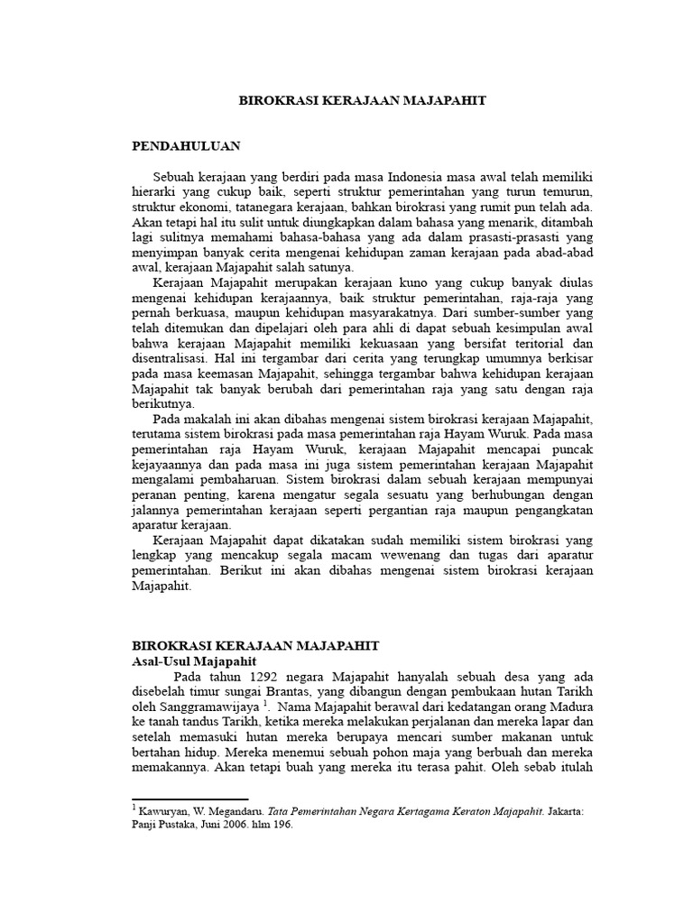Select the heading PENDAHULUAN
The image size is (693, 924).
point(186,144)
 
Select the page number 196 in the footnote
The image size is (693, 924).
point(284,824)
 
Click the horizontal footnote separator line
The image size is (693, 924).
point(190,799)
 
